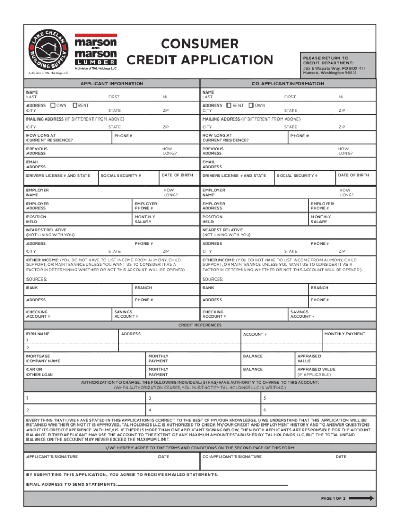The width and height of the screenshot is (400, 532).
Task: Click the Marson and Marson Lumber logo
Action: [x=96, y=52]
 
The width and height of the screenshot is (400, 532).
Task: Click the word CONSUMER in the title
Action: [x=199, y=44]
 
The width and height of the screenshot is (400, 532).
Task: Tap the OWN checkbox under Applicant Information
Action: [x=54, y=105]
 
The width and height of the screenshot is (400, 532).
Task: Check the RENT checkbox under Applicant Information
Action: [x=75, y=105]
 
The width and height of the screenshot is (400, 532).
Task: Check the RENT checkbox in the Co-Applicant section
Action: [x=229, y=105]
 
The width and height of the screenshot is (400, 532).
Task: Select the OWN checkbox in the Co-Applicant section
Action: [x=251, y=105]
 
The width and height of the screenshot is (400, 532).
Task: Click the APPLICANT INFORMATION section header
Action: [x=111, y=84]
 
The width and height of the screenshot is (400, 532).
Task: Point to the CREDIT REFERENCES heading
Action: [x=200, y=325]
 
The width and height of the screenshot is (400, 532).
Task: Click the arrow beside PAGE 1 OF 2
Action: [x=364, y=498]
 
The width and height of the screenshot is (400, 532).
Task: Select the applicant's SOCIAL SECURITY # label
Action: [x=121, y=176]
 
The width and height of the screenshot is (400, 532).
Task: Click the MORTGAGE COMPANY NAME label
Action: [x=43, y=358]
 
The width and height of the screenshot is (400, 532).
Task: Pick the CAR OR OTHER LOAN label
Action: [x=39, y=372]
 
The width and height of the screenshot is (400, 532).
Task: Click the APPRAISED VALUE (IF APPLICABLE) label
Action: [x=316, y=372]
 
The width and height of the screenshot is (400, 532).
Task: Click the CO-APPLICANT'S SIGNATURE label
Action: [x=232, y=457]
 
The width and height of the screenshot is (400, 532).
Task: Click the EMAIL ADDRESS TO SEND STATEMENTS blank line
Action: [x=203, y=484]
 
